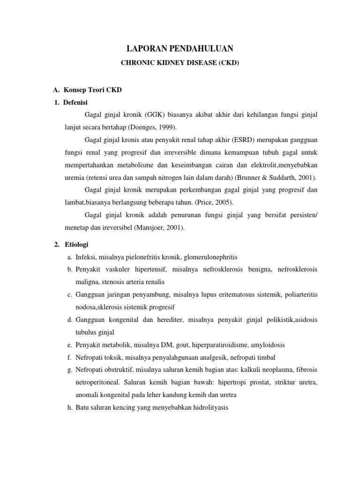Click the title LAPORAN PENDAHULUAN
[x=180, y=48]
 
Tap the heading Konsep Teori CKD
[x=92, y=90]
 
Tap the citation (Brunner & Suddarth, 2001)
[x=273, y=178]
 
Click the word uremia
[x=75, y=178]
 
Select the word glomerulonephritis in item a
[x=211, y=257]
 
